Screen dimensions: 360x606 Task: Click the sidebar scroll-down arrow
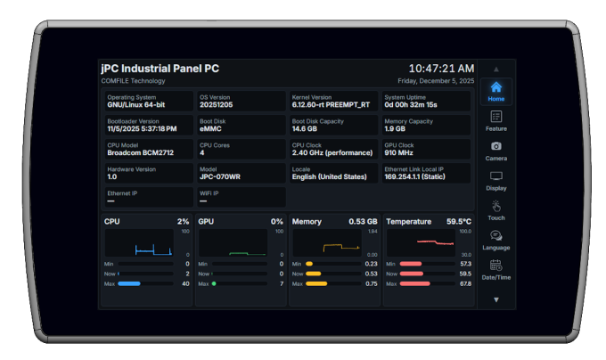[x=496, y=299]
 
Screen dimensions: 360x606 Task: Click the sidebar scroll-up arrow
[x=496, y=69]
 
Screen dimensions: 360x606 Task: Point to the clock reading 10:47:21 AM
[x=441, y=69]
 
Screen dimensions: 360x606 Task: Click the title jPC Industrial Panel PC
[x=160, y=69]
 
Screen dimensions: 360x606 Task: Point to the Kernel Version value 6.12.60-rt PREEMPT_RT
[x=330, y=104]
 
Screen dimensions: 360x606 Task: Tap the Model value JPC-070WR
[x=219, y=176]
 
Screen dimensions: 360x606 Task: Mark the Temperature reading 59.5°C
[x=459, y=221]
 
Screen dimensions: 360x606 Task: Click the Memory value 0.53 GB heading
[x=363, y=221]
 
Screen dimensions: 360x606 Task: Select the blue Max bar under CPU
[x=130, y=283]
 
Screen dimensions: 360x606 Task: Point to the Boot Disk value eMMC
[x=213, y=128]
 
